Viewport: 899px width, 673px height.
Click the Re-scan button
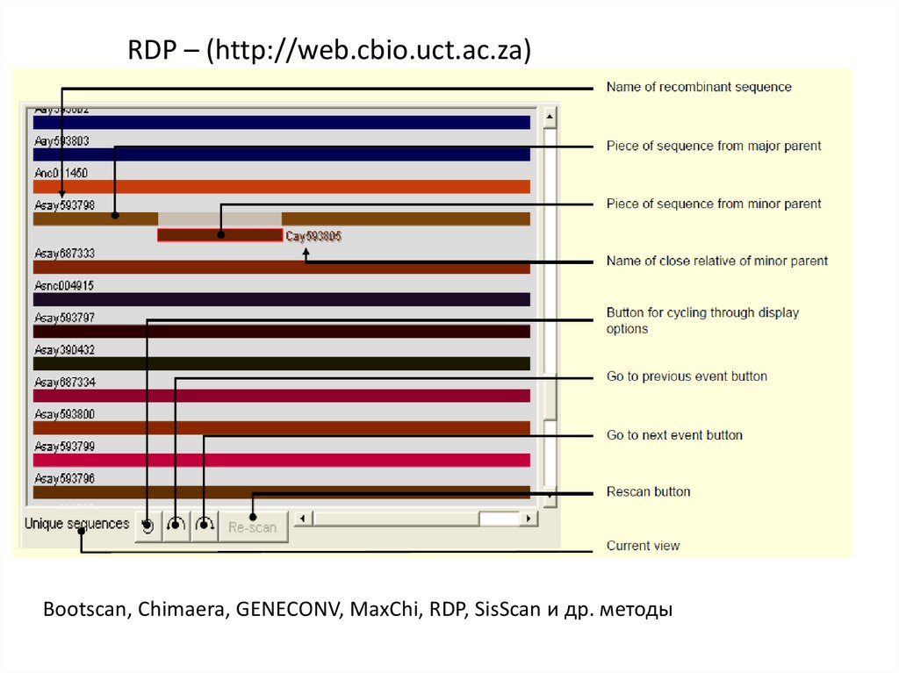(x=253, y=527)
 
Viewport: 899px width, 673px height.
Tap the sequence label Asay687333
(x=64, y=254)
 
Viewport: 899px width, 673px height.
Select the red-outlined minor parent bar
(x=219, y=235)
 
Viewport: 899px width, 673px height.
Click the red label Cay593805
(x=313, y=236)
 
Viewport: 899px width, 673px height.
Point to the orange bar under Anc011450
(x=281, y=186)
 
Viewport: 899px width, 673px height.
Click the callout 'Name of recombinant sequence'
(x=699, y=87)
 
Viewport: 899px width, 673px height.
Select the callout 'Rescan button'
(x=648, y=491)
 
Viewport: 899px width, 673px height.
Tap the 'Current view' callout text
(x=643, y=546)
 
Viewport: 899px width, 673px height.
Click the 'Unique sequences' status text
(x=76, y=524)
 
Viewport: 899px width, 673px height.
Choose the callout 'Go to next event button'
(x=674, y=435)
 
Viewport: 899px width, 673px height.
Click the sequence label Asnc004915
(x=64, y=285)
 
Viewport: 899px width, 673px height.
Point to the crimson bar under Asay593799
(x=281, y=460)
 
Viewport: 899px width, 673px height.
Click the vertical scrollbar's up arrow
(x=550, y=117)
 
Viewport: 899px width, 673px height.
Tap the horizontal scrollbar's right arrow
(x=529, y=519)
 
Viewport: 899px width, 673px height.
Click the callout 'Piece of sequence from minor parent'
(x=714, y=204)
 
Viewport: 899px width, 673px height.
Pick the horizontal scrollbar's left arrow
(x=301, y=519)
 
